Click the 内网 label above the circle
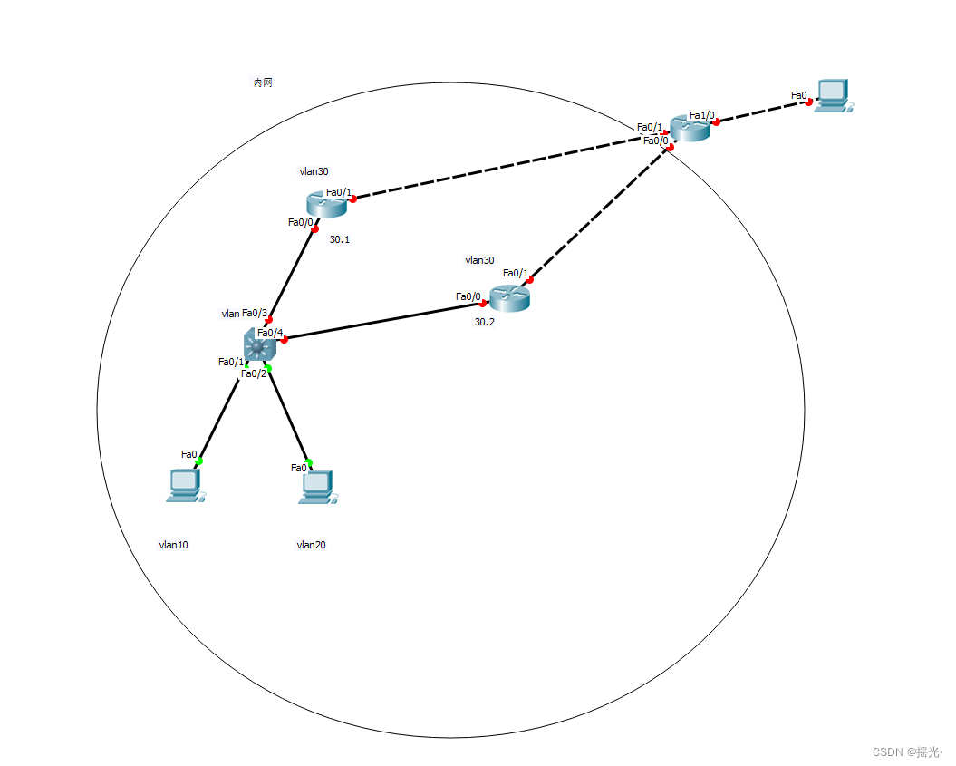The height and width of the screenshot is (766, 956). click(263, 82)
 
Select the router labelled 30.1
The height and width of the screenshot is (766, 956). click(326, 204)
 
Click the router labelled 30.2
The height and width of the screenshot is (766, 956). click(508, 298)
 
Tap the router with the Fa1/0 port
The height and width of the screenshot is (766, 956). click(690, 128)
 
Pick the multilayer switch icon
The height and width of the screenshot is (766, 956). click(259, 345)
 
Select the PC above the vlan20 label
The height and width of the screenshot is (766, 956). click(315, 487)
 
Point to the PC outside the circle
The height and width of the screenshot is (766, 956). click(832, 95)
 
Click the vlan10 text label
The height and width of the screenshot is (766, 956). click(173, 545)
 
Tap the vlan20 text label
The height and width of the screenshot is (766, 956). click(311, 545)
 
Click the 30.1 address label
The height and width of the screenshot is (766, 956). click(340, 240)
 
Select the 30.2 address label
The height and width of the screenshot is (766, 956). click(485, 322)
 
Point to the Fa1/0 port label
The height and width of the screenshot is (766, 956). click(701, 115)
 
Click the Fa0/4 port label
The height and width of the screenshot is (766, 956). click(270, 333)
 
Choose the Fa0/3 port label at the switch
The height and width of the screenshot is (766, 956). click(255, 314)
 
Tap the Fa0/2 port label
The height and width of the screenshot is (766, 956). click(254, 373)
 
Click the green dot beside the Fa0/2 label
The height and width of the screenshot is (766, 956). click(268, 367)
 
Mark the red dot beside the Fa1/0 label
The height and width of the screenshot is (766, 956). click(716, 121)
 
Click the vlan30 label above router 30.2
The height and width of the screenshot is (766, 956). click(479, 260)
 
